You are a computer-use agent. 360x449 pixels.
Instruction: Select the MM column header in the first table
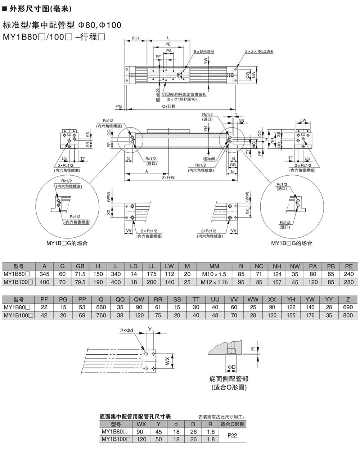[x=214, y=266]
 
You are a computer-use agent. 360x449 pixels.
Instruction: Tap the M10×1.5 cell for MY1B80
[x=214, y=274]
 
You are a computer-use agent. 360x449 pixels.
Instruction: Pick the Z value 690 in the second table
[x=348, y=307]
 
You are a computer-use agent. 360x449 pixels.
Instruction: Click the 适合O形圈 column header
[x=233, y=424]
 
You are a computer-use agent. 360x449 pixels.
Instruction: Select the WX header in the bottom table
[x=141, y=424]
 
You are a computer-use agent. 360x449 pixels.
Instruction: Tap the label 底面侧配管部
[x=229, y=379]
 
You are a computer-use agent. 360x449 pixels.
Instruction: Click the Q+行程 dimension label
[x=168, y=106]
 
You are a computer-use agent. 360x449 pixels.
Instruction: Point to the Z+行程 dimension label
[x=168, y=178]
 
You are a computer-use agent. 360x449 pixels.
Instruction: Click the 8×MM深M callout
[x=203, y=52]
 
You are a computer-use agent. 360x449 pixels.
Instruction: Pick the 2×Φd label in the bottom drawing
[x=127, y=330]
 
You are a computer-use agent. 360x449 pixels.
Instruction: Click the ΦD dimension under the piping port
[x=231, y=367]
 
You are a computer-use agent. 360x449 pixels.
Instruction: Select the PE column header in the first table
[x=348, y=266]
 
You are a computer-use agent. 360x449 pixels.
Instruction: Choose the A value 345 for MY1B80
[x=45, y=274]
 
